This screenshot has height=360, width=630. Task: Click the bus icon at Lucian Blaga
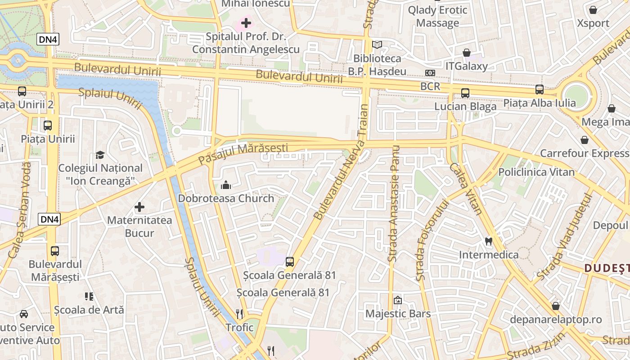coord(465,93)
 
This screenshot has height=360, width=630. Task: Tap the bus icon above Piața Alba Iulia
coord(539,90)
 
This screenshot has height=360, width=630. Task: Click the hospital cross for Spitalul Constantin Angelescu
coord(246,22)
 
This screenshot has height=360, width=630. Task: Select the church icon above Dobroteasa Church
coord(225,184)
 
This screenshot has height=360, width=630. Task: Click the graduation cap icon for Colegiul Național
coord(100,155)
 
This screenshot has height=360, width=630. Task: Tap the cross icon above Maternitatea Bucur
coord(139,207)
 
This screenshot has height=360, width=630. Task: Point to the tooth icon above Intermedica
coord(488,241)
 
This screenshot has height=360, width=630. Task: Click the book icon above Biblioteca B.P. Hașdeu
coord(377,45)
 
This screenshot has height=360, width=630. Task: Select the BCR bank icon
coord(430,73)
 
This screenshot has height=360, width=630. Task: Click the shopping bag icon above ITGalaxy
coord(467,53)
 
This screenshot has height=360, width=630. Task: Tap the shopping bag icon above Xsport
coord(593,10)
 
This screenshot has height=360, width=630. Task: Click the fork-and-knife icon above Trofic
coord(239,314)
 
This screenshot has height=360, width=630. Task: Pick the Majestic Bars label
coord(398,314)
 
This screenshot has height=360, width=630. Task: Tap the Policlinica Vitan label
coord(536,172)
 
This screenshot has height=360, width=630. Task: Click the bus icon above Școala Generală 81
coord(290,261)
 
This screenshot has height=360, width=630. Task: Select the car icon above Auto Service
coord(23,314)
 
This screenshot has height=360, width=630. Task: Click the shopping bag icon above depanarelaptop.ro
coord(556,306)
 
